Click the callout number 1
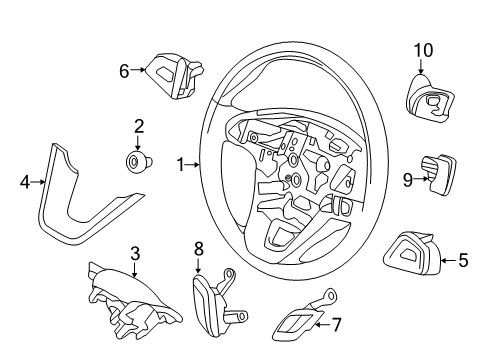(181, 163)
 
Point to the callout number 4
(25, 182)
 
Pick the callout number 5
(462, 261)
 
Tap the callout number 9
(408, 180)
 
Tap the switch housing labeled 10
(426, 100)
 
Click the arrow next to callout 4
(38, 182)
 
